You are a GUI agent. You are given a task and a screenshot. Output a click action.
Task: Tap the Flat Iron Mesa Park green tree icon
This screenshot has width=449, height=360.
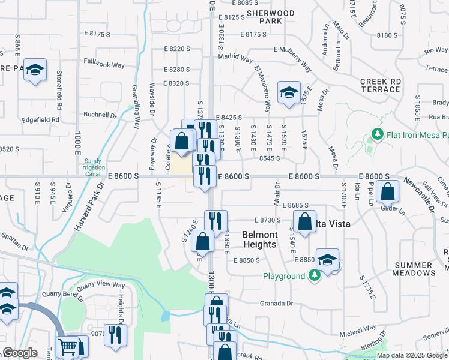(x=377, y=134)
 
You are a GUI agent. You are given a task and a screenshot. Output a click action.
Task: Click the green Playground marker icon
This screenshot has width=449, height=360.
(x=314, y=275)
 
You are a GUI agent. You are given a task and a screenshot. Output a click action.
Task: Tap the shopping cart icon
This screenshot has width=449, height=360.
(x=67, y=347)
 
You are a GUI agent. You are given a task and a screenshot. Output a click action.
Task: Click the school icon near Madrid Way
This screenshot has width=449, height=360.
(x=289, y=92)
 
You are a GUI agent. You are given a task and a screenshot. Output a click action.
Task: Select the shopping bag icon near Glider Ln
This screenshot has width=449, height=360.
(x=388, y=191)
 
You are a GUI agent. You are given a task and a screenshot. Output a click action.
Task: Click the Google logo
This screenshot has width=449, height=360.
(x=20, y=353)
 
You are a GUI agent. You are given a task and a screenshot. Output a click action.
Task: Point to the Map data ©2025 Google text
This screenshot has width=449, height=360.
(x=412, y=355)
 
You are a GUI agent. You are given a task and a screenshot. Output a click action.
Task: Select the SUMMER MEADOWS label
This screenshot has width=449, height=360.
(x=415, y=268)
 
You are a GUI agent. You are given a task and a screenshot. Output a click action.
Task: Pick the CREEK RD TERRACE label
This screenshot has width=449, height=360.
(x=380, y=85)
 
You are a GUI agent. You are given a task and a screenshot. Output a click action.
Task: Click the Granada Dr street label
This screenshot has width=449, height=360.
(x=276, y=304)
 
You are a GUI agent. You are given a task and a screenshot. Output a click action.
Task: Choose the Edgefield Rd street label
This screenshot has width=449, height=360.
(x=38, y=119)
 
